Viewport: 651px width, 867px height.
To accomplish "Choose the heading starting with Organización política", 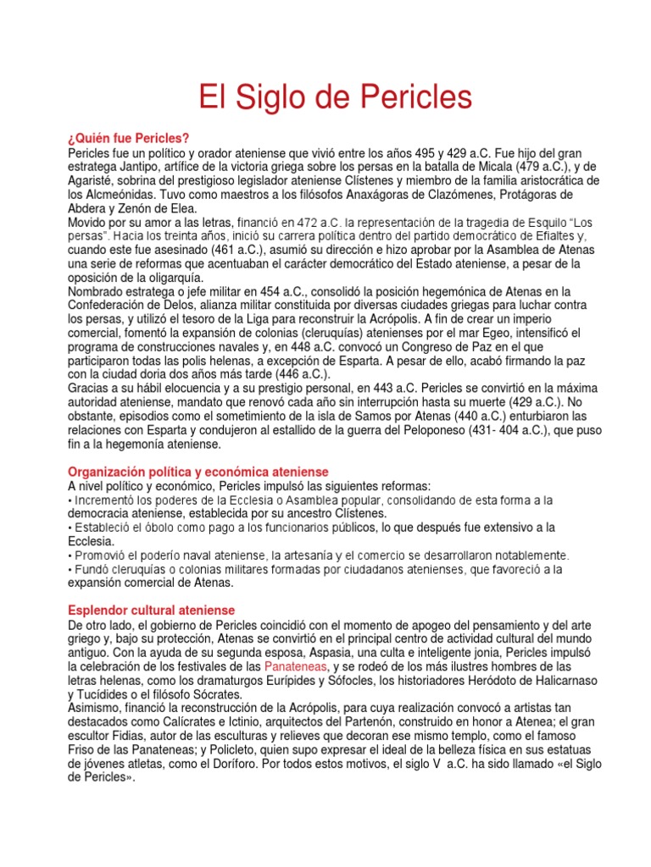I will coord(198,472).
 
